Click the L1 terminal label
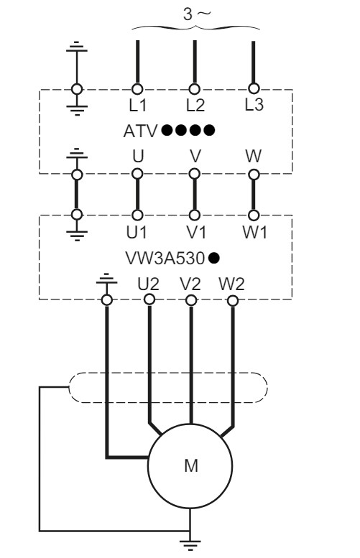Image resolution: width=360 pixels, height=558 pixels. coord(136,106)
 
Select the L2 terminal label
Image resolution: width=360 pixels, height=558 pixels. coord(194,106)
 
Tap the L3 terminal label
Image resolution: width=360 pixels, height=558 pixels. coord(254,104)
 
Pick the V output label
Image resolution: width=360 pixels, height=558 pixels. coord(193,157)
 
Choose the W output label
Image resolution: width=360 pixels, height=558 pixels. coord(254,157)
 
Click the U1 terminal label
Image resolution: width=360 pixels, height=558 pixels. coord(136,232)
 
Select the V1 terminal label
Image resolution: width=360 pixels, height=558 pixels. coord(193,232)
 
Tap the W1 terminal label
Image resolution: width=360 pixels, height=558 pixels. coord(254,232)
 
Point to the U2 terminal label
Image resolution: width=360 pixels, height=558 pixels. coord(148,282)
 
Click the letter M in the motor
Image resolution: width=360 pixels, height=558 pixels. coord(190,465)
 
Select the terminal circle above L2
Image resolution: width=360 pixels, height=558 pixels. coord(193,89)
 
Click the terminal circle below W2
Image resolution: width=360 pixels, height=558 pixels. coord(231,299)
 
